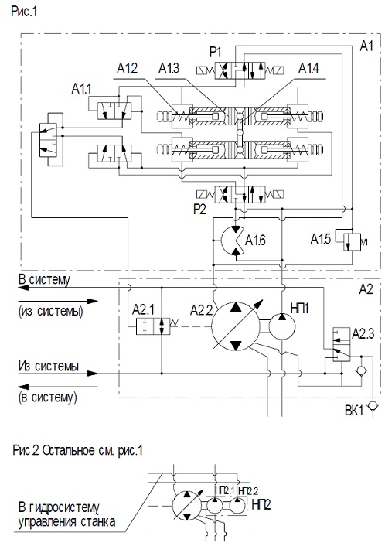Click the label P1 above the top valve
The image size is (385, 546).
point(215,53)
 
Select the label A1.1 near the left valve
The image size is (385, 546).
point(81,89)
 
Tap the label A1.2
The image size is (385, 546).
point(127,68)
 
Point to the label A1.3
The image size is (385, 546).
point(169,68)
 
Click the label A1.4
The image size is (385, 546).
point(308,68)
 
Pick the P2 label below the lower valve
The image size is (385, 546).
point(199,209)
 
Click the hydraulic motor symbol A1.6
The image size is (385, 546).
point(232,241)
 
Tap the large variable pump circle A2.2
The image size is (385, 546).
point(236,326)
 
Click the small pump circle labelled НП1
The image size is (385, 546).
point(282,326)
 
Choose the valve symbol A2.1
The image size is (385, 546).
point(153,326)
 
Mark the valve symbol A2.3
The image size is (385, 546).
point(342,344)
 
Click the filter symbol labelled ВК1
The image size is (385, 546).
point(373,406)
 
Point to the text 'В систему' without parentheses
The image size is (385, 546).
point(44,280)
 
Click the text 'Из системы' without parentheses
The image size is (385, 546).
point(49,366)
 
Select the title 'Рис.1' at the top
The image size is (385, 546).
point(24,11)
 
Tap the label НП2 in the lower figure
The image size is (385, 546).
point(261,504)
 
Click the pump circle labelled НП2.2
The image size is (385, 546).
point(237,506)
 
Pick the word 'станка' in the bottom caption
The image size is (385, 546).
point(98,522)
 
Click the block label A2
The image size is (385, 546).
point(366,288)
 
